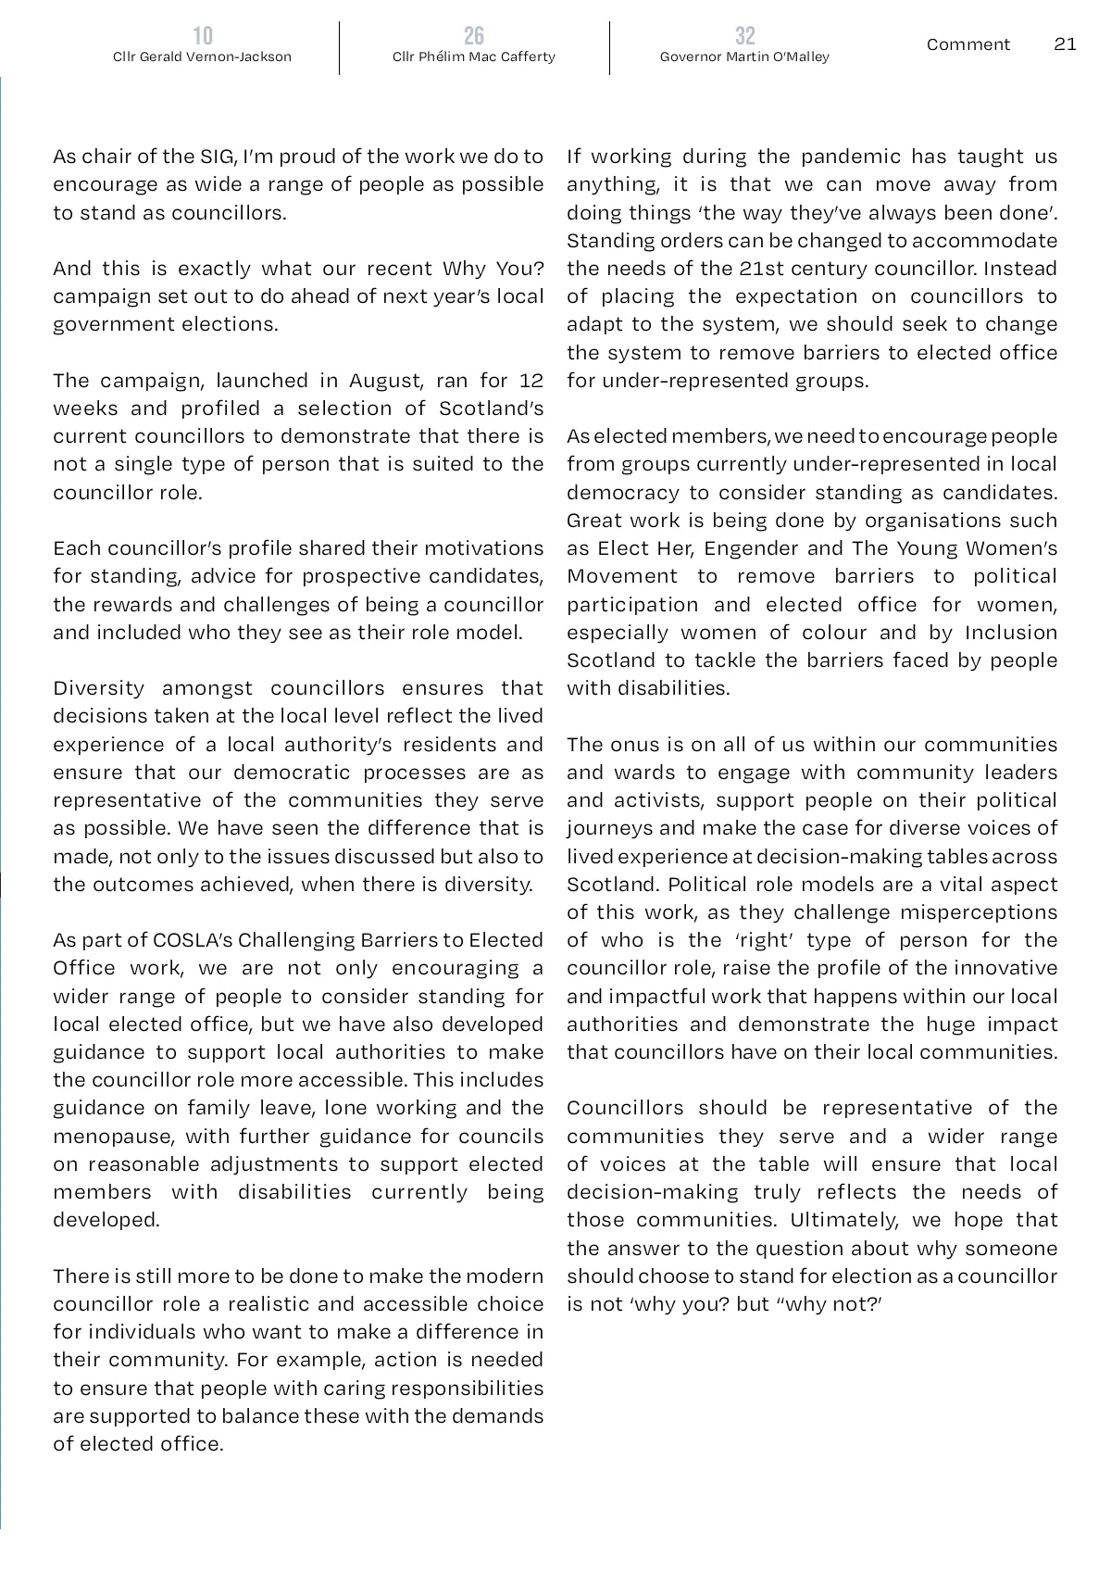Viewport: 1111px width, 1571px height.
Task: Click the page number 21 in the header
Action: coord(1065,44)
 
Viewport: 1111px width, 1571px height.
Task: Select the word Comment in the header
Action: coord(967,44)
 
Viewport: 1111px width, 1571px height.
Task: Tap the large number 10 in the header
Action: coord(202,36)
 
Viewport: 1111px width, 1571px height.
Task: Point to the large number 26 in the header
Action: coord(473,36)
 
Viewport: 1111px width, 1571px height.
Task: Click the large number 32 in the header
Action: coord(744,36)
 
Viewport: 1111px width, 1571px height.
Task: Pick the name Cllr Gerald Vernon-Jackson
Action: coord(202,57)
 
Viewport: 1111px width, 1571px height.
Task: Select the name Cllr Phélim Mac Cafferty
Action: coord(473,57)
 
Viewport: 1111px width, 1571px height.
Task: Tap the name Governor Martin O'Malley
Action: coord(744,57)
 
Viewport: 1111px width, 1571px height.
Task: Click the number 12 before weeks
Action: coord(531,381)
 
